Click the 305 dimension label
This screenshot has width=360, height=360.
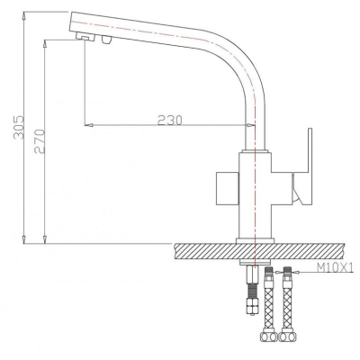click(19, 127)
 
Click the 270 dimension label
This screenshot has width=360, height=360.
click(40, 141)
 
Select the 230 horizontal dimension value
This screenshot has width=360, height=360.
click(170, 121)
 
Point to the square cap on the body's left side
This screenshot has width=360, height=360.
click(228, 188)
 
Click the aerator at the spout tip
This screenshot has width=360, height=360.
click(85, 37)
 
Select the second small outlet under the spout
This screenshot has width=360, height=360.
click(106, 40)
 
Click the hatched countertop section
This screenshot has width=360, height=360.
click(259, 251)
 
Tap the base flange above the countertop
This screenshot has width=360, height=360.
click(255, 240)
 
